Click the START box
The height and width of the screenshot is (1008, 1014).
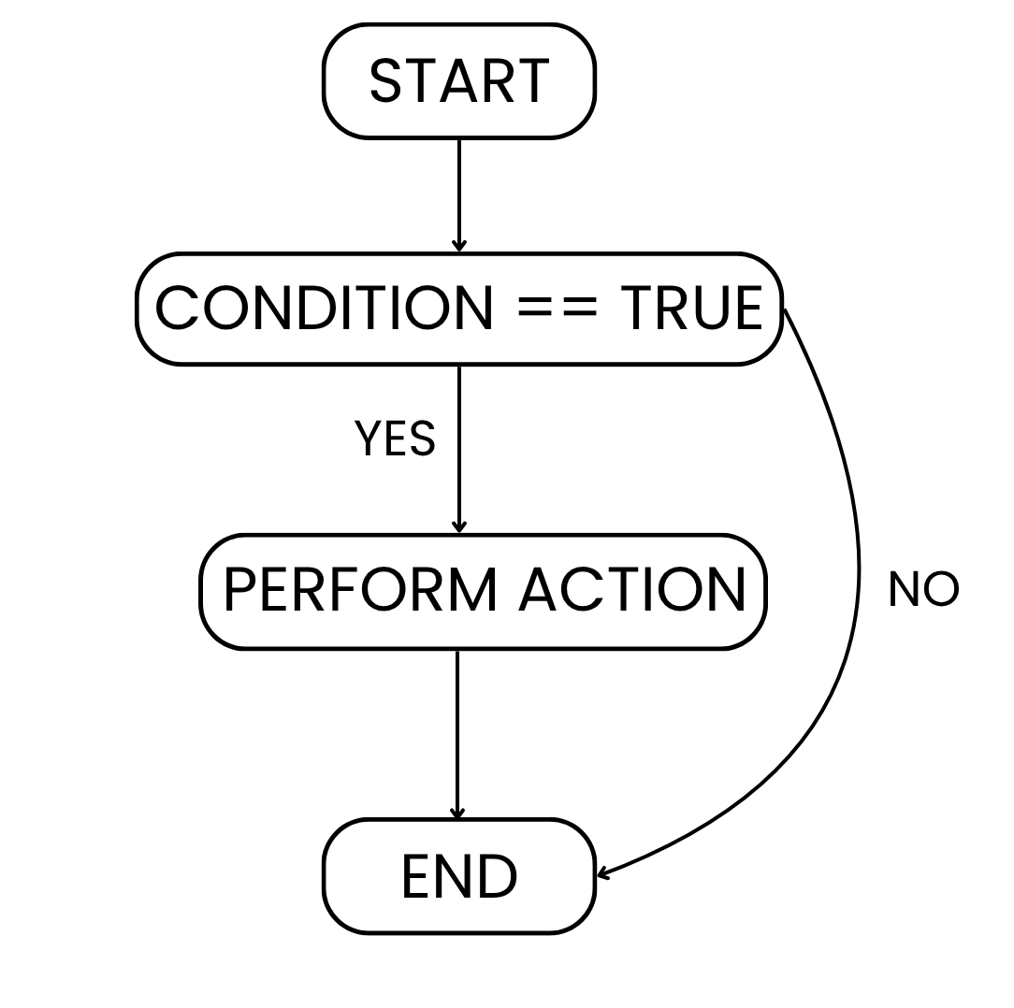click(x=458, y=81)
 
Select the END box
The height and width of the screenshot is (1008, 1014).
click(x=458, y=876)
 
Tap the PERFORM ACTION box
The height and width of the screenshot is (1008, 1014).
click(x=483, y=592)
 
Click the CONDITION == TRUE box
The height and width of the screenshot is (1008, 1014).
click(x=458, y=309)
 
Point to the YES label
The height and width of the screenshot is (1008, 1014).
click(x=395, y=439)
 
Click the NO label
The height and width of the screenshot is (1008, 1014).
click(x=923, y=590)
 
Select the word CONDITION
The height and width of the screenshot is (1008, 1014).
click(x=324, y=309)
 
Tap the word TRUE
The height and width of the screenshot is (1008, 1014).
click(x=691, y=309)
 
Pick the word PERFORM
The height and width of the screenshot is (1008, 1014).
click(x=361, y=591)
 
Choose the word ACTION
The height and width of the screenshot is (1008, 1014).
click(x=632, y=591)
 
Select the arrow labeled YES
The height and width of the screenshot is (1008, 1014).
click(x=458, y=449)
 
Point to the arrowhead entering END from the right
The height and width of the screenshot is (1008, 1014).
click(x=604, y=873)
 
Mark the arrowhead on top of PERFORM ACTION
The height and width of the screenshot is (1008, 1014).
click(x=458, y=527)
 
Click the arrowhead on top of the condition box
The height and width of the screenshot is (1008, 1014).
click(x=458, y=246)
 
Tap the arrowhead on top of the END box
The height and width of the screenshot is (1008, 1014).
click(x=457, y=813)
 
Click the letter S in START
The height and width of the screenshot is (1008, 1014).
click(x=384, y=81)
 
